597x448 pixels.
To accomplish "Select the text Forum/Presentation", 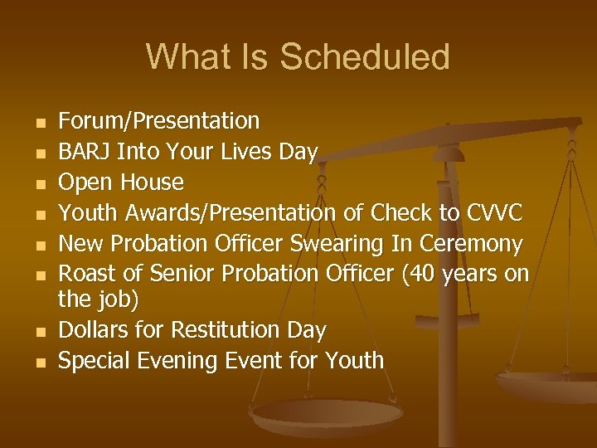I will pyautogui.click(x=158, y=121).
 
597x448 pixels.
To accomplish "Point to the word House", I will pyautogui.click(x=153, y=183).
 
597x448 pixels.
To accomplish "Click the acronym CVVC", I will pyautogui.click(x=494, y=214).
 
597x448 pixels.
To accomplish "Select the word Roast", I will pyautogui.click(x=87, y=275).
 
